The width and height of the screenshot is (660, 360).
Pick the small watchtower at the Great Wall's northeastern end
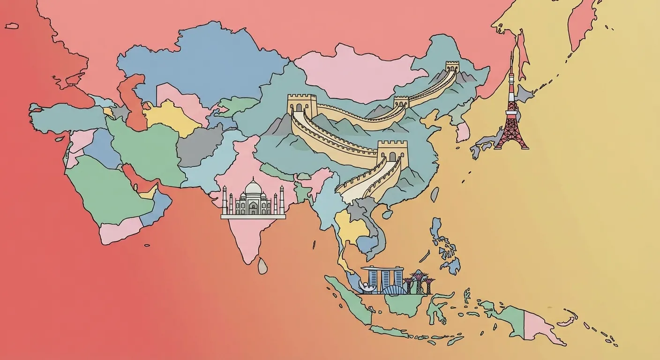(x=452, y=66)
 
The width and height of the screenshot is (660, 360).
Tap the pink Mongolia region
(x=356, y=75)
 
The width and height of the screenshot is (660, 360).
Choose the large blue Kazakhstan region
(x=206, y=61)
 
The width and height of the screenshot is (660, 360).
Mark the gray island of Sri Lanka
(x=262, y=266)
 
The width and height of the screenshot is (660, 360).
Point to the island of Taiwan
(x=435, y=194)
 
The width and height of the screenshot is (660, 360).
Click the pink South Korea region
(x=463, y=132)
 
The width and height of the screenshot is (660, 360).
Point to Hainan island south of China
(x=387, y=214)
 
